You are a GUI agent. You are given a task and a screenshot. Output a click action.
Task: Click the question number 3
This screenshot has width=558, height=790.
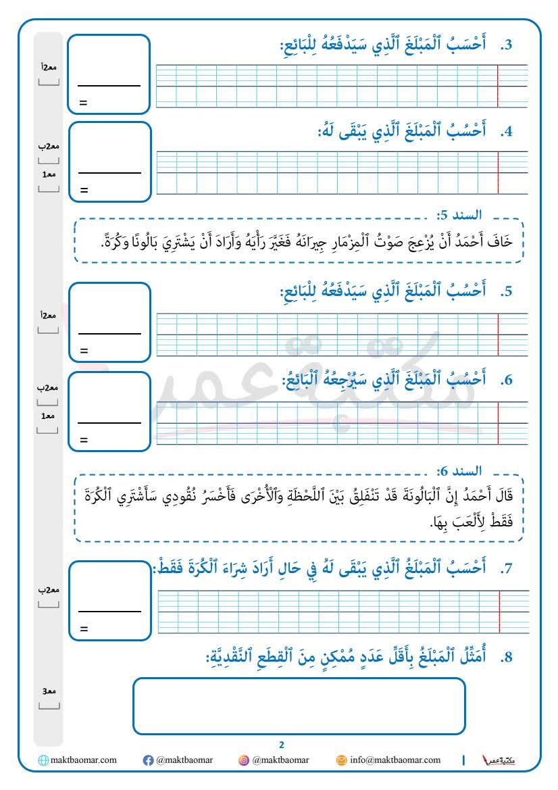coord(507,46)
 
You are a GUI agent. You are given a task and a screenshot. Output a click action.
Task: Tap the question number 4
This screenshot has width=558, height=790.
coord(507,132)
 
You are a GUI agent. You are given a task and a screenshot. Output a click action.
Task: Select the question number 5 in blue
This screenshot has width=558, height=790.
coord(507,293)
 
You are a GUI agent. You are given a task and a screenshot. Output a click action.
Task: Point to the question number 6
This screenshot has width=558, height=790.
coord(507,380)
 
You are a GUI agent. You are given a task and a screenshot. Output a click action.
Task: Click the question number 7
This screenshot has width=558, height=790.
coord(507,570)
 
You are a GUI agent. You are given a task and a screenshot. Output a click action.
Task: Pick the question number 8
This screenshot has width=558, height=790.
coord(507,657)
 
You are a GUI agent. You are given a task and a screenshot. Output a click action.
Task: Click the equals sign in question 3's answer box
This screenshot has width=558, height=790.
coord(84,103)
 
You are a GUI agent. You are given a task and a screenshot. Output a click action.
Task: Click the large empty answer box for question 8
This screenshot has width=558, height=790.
coord(299,706)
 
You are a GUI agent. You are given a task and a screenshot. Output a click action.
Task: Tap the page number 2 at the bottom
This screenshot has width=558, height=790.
coord(282,745)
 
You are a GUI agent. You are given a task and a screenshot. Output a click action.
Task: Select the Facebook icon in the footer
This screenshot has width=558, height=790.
coord(148,760)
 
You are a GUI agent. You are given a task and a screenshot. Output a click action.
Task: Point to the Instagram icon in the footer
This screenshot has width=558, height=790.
coord(244,760)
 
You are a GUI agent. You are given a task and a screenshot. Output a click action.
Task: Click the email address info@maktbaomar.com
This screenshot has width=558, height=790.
coord(395,760)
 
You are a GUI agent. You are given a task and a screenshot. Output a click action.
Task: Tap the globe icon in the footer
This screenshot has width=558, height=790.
coord(44,760)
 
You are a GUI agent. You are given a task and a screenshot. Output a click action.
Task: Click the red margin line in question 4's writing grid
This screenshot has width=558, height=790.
coord(498,172)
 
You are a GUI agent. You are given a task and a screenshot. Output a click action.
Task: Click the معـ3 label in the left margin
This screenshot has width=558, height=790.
coord(49,691)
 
